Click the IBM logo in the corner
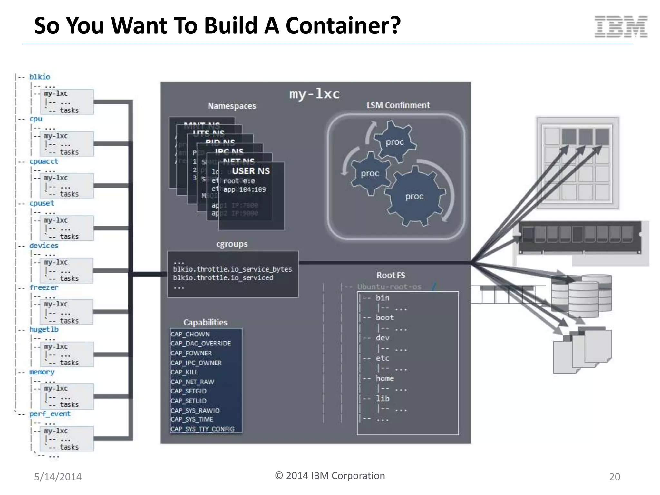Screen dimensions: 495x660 (x=621, y=26)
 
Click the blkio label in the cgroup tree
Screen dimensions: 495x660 (x=40, y=77)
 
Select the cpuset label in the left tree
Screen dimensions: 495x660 (x=42, y=203)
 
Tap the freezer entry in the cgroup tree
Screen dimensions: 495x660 (x=44, y=287)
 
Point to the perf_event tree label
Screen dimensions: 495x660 (x=50, y=413)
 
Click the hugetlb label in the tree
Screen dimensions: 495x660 (x=44, y=329)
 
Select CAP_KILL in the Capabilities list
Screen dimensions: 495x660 (x=184, y=372)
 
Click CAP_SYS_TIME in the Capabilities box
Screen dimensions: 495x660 (x=192, y=419)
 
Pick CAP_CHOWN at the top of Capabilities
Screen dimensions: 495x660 (x=190, y=334)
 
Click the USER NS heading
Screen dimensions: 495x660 (x=251, y=171)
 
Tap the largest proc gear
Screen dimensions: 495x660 (x=414, y=196)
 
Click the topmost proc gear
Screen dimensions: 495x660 (x=394, y=142)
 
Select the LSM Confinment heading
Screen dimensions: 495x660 (x=398, y=105)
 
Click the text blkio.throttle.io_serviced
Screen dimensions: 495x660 (x=223, y=278)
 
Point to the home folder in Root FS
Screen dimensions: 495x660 (x=384, y=378)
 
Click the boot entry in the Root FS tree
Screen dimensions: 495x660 (x=384, y=317)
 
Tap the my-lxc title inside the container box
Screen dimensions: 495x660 (x=314, y=94)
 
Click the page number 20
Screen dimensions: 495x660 (x=614, y=476)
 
